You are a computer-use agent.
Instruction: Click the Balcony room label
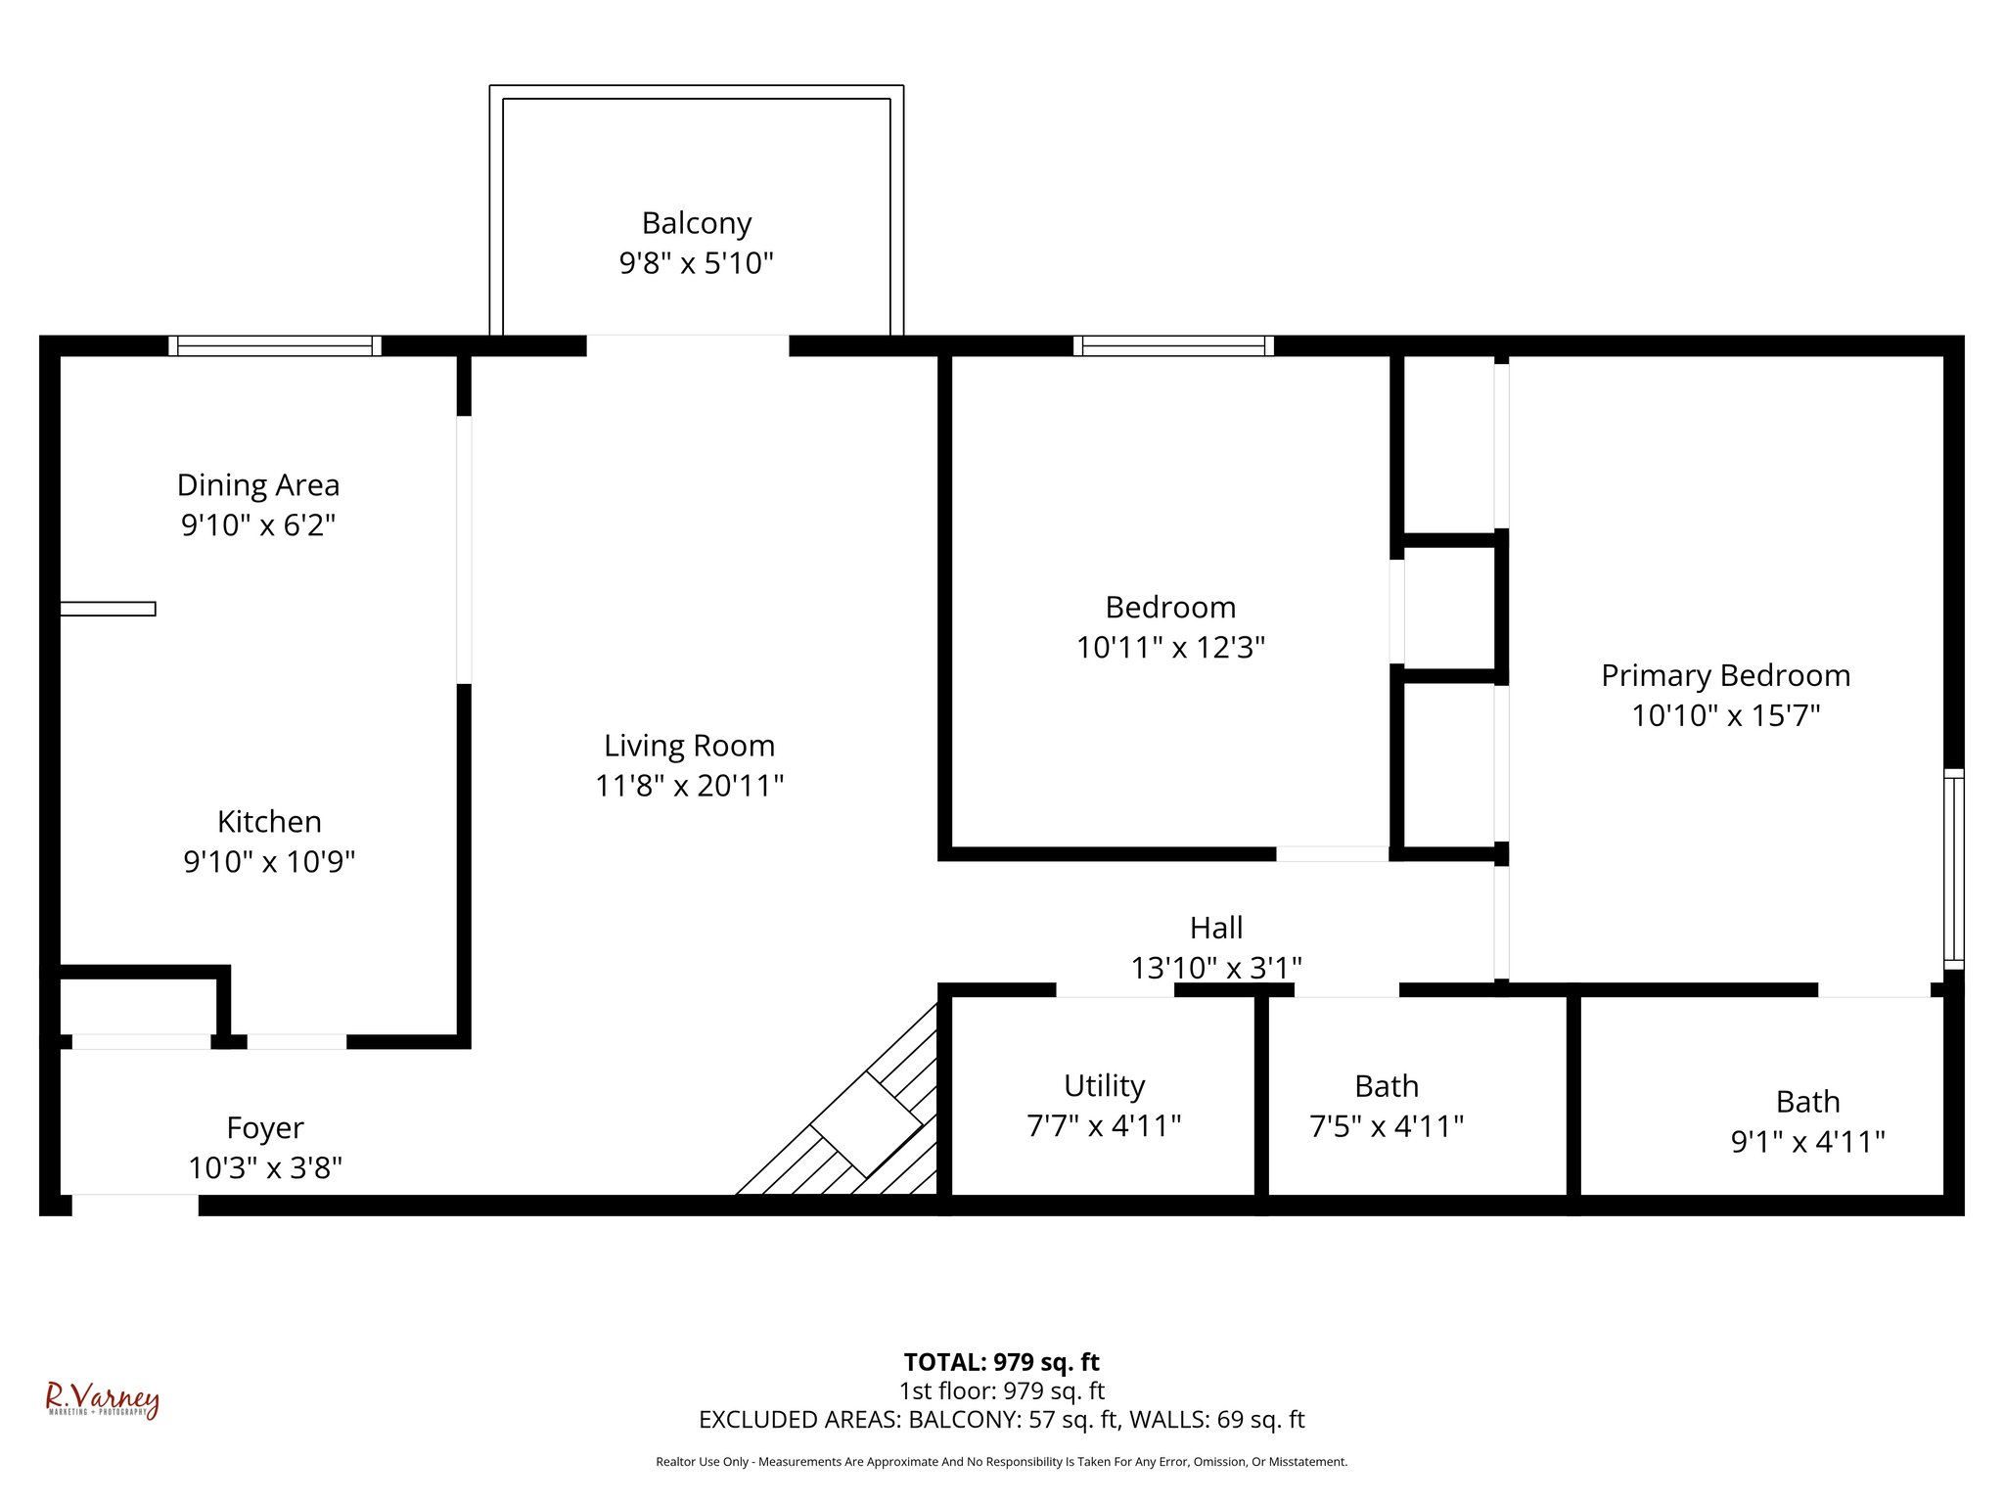pyautogui.click(x=696, y=223)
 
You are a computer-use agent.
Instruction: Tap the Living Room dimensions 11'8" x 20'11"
pyautogui.click(x=689, y=786)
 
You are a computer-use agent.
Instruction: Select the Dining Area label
pyautogui.click(x=258, y=485)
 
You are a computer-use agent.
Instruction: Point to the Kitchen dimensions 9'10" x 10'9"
pyautogui.click(x=269, y=862)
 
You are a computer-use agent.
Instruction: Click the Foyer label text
pyautogui.click(x=265, y=1128)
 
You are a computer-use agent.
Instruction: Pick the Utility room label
pyautogui.click(x=1104, y=1086)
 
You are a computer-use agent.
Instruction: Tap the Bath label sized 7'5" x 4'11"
pyautogui.click(x=1387, y=1086)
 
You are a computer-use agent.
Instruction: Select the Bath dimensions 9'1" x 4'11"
pyautogui.click(x=1807, y=1142)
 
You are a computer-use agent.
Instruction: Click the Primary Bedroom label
pyautogui.click(x=1725, y=675)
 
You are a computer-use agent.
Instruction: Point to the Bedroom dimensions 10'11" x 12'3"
pyautogui.click(x=1170, y=648)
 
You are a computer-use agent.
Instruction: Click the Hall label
pyautogui.click(x=1216, y=928)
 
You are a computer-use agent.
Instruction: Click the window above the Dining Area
pyautogui.click(x=274, y=345)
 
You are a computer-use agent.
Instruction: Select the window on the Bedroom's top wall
pyautogui.click(x=1172, y=345)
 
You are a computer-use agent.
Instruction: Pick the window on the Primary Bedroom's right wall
pyautogui.click(x=1953, y=869)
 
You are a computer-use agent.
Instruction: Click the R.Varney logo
pyautogui.click(x=102, y=1400)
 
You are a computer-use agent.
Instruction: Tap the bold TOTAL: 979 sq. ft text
pyautogui.click(x=1001, y=1362)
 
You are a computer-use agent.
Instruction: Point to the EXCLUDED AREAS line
pyautogui.click(x=1001, y=1420)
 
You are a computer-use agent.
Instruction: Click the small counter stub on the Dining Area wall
pyautogui.click(x=108, y=609)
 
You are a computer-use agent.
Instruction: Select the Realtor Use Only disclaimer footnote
pyautogui.click(x=1001, y=1462)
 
